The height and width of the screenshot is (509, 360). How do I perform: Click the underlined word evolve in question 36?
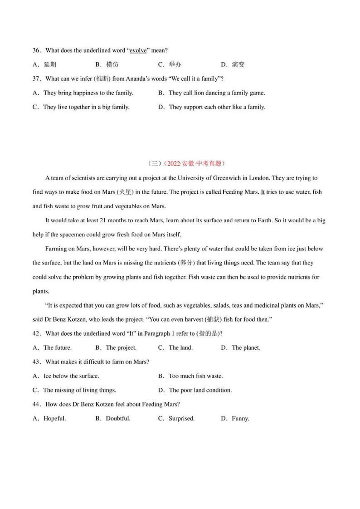point(138,50)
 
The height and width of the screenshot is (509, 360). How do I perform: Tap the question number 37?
point(37,78)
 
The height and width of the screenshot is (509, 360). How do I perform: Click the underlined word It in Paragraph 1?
point(263,192)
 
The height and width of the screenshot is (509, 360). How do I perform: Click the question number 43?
point(37,362)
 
